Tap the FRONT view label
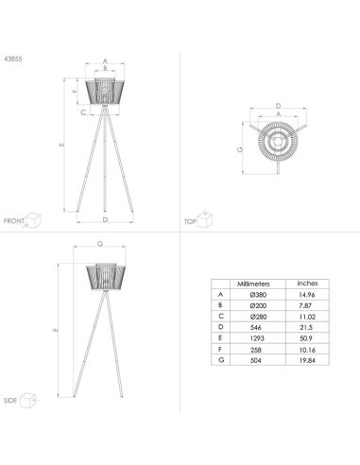click(x=14, y=220)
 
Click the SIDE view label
click(x=10, y=400)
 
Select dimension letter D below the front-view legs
click(x=105, y=219)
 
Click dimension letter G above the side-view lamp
click(x=100, y=245)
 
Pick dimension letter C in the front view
click(x=81, y=112)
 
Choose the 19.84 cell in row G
click(x=308, y=358)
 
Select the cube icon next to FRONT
click(x=36, y=218)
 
